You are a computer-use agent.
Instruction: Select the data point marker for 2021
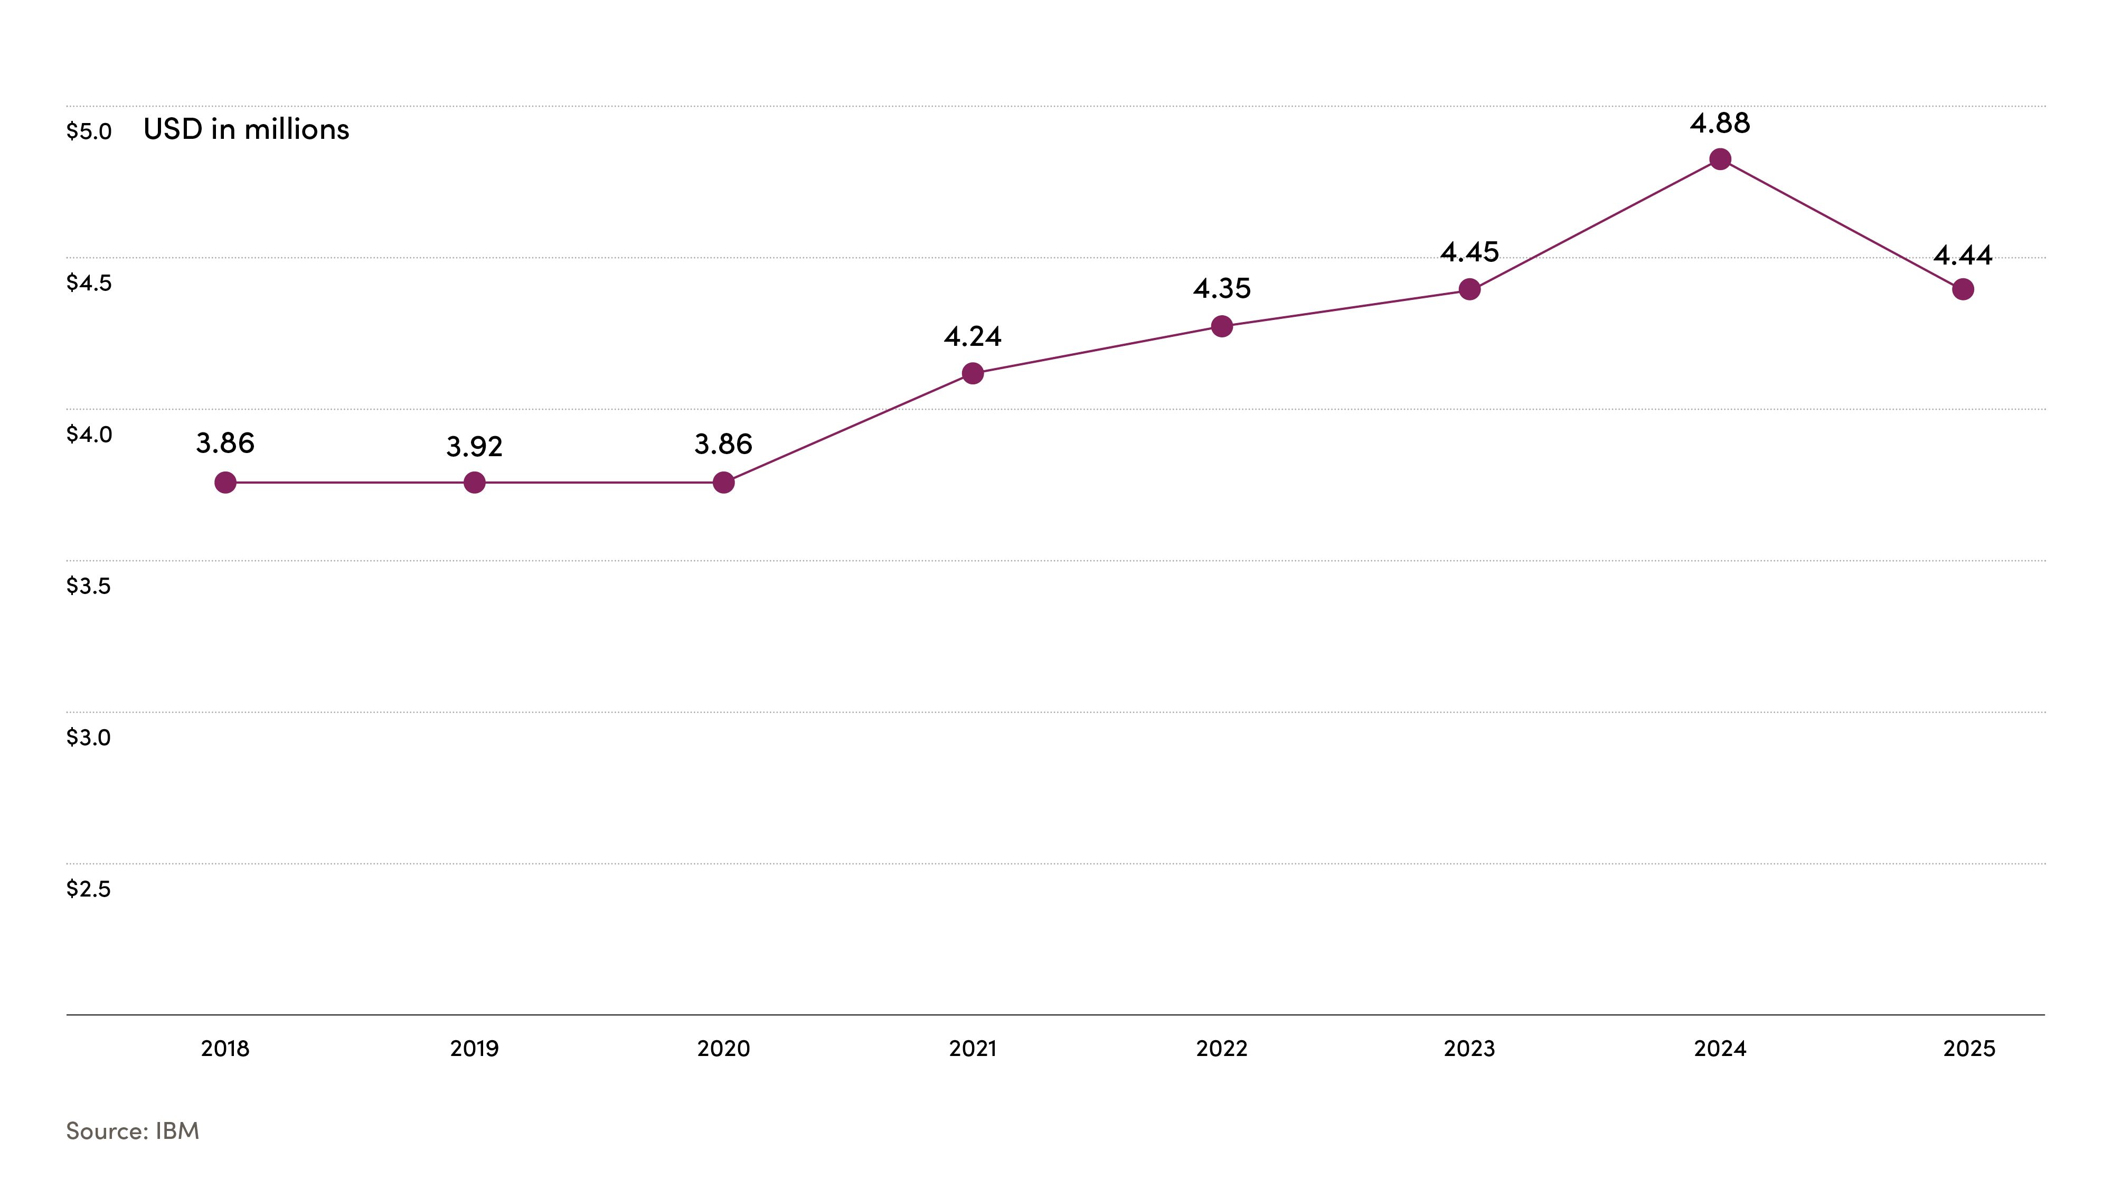pos(973,374)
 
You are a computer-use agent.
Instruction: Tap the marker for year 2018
pos(225,483)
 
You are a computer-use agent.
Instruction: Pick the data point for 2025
pos(1963,289)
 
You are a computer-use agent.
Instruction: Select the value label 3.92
pos(474,447)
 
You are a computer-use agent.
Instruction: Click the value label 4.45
pos(1469,252)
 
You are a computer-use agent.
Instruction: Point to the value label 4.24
pos(973,336)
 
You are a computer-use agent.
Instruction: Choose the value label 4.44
pos(1963,256)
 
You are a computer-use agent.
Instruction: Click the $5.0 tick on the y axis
pos(89,131)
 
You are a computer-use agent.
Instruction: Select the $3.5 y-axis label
pos(89,586)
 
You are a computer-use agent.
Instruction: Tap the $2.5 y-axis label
pos(89,889)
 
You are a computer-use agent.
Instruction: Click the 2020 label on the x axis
pos(723,1049)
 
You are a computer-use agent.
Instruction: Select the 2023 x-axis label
pos(1469,1049)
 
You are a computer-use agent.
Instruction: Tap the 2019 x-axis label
pos(474,1049)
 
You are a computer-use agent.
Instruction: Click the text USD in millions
pos(246,129)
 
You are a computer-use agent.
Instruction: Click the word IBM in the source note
pos(177,1132)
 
